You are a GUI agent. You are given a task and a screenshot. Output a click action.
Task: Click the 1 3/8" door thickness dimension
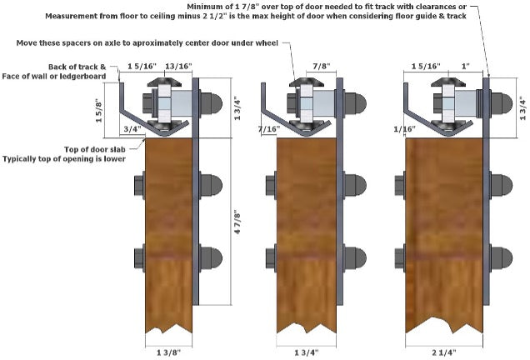click(168, 352)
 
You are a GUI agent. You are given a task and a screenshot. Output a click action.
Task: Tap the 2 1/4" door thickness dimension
click(444, 352)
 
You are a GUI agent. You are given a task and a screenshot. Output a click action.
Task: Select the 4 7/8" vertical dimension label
click(237, 222)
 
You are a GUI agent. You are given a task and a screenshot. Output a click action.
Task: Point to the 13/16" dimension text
click(179, 66)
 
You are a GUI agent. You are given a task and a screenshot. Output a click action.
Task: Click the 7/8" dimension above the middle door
click(321, 66)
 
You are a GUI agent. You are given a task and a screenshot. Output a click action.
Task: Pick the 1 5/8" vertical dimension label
click(99, 110)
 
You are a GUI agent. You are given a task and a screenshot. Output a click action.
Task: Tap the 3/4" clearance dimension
click(132, 129)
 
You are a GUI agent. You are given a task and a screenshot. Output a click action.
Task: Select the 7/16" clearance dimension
click(269, 129)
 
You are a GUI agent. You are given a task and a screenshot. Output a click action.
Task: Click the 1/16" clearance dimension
click(405, 129)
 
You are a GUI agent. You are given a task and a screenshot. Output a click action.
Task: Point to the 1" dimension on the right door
click(466, 66)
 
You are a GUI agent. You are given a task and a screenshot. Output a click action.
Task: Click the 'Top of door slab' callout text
click(95, 149)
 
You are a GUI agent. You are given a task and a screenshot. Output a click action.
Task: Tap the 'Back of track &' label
click(77, 67)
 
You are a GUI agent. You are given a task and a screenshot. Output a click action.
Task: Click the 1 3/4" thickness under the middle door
click(306, 352)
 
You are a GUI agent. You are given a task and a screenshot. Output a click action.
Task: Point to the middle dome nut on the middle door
click(355, 185)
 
